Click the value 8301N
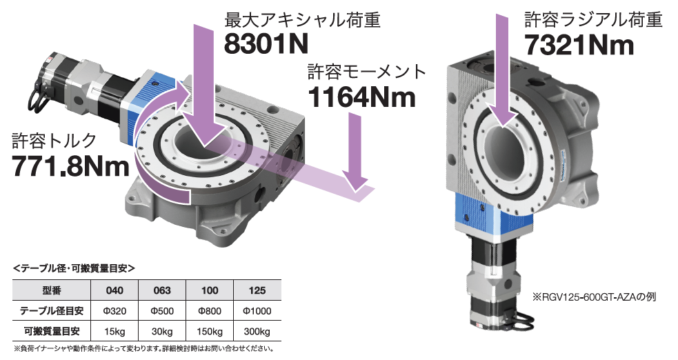click(x=266, y=43)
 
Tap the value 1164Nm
click(x=361, y=97)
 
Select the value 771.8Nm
click(x=70, y=166)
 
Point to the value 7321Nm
click(x=579, y=45)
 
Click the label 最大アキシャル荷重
click(x=302, y=20)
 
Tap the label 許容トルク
click(x=54, y=141)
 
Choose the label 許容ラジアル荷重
click(x=593, y=19)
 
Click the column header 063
click(x=162, y=290)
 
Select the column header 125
click(x=257, y=290)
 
